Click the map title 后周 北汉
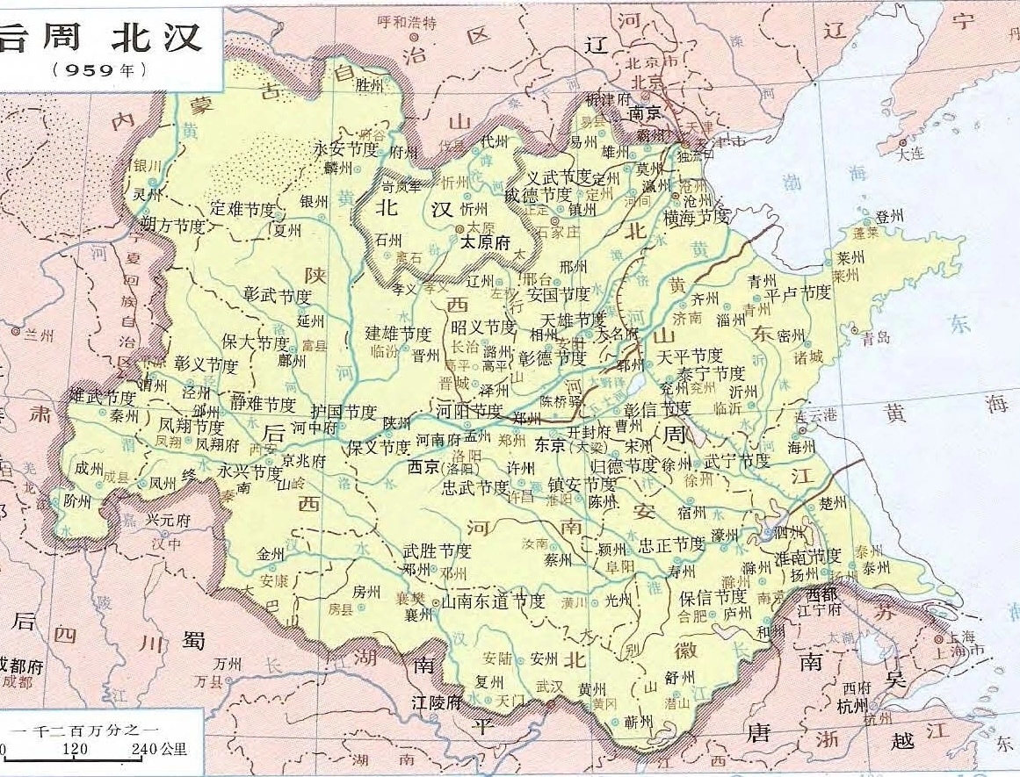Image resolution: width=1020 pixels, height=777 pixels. point(101,36)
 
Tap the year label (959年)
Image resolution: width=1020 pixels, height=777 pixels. point(99,69)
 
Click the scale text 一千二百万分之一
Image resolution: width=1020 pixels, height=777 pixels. point(83,730)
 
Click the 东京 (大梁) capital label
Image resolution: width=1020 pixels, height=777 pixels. point(566,446)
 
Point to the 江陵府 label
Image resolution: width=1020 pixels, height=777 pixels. point(437,702)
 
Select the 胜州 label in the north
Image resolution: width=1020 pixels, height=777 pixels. point(370,85)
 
